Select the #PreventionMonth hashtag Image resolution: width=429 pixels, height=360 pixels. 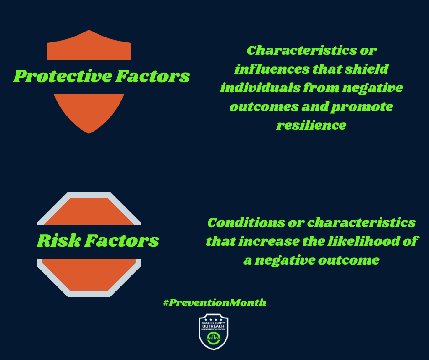(214, 302)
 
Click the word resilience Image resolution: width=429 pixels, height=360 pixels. (311, 125)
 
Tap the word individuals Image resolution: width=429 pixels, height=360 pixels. (257, 87)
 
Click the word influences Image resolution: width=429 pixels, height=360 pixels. (262, 69)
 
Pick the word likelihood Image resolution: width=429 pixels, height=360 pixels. (358, 241)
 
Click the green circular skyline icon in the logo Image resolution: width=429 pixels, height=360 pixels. (214, 338)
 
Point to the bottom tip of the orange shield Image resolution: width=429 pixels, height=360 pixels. (89, 132)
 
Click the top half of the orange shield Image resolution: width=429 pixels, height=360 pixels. (89, 48)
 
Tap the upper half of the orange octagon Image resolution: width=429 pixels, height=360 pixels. (89, 210)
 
